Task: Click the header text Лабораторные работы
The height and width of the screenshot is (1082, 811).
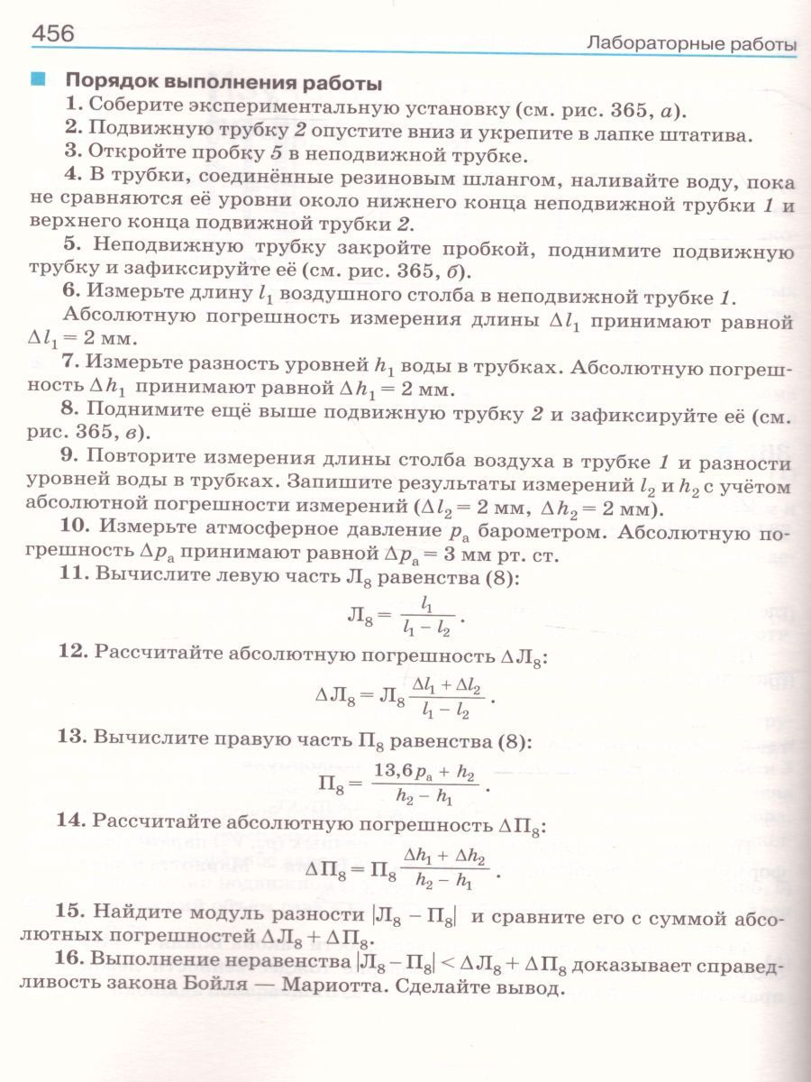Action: [x=691, y=42]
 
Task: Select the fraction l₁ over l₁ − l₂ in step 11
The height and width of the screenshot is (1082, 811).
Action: [x=426, y=617]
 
